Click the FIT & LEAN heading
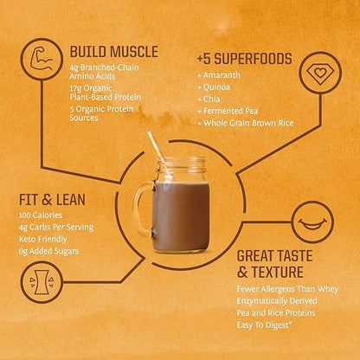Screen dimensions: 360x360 pyautogui.click(x=52, y=199)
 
